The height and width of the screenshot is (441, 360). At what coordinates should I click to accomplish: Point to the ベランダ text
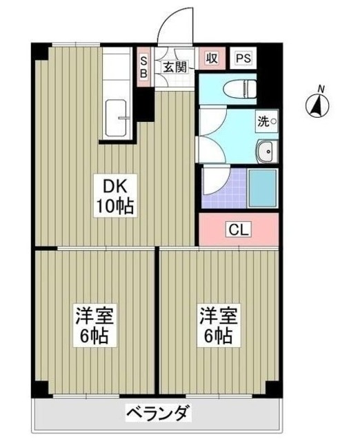pos(157,414)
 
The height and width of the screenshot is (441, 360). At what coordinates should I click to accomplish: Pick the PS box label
pos(243,59)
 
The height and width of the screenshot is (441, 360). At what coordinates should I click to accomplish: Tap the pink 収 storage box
pos(212,59)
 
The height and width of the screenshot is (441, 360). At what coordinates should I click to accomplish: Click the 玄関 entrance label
pos(175,67)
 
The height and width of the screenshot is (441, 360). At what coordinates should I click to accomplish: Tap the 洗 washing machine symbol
pos(267,122)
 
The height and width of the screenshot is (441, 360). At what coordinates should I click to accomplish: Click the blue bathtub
pos(262,187)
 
